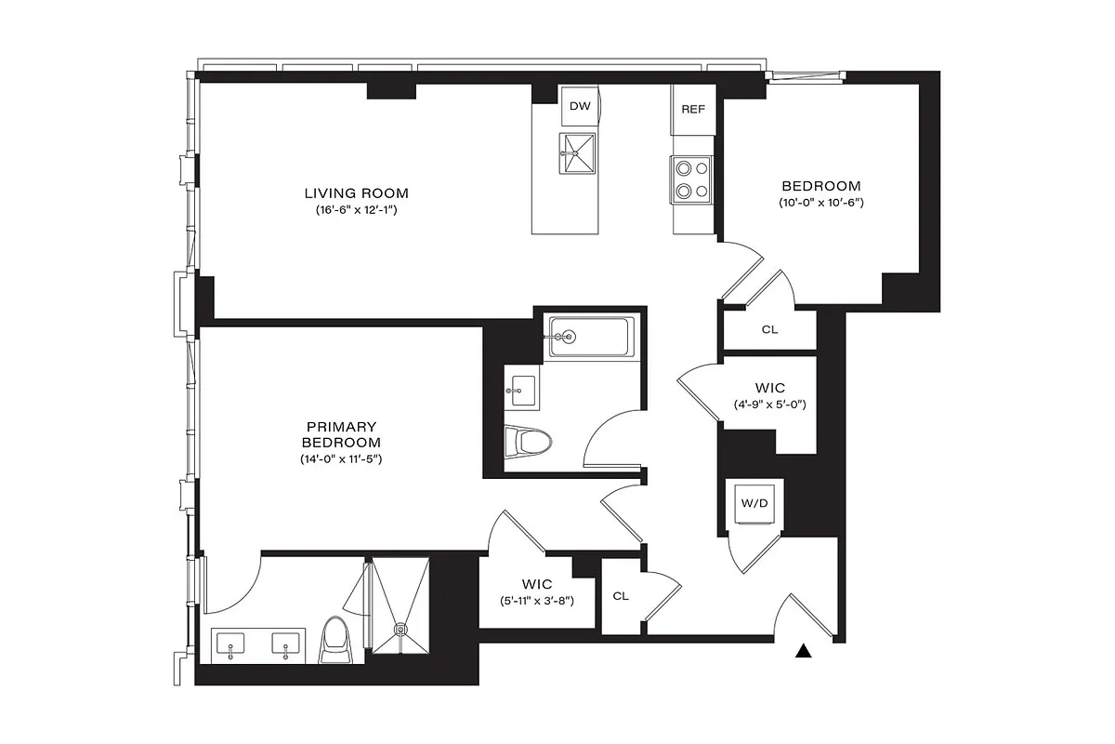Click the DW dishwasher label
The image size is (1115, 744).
pos(580,107)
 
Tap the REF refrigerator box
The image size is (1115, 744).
pos(692,110)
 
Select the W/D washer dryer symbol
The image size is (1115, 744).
pos(753,503)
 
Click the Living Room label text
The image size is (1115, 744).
pos(357,193)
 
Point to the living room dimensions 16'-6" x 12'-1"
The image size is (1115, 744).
pos(357,210)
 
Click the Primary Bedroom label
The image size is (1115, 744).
pos(341,434)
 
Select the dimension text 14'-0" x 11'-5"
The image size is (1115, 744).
pos(341,459)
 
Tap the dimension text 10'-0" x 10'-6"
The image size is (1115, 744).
pos(820,203)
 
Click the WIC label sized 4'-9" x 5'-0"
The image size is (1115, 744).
pos(769,388)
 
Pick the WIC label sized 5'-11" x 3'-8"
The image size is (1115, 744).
pos(536,584)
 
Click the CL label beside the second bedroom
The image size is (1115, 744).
pos(769,329)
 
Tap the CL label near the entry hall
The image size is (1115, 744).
pos(621,596)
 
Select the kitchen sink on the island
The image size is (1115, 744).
pos(579,153)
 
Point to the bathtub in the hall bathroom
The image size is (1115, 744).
pos(591,337)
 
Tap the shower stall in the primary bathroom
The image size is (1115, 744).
pos(400,604)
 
